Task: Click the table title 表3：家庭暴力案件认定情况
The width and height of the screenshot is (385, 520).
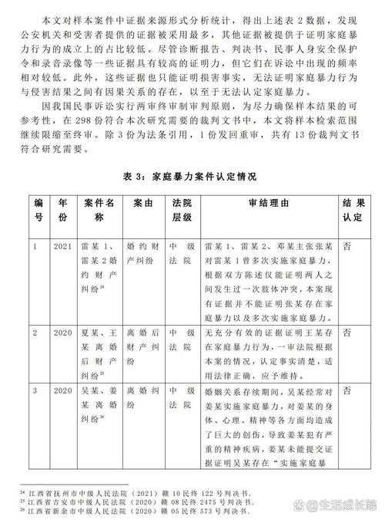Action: [192, 177]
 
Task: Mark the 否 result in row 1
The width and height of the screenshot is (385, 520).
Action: [348, 245]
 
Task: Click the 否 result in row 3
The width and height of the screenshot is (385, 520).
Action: [348, 391]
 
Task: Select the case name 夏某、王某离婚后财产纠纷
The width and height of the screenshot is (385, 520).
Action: [101, 350]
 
